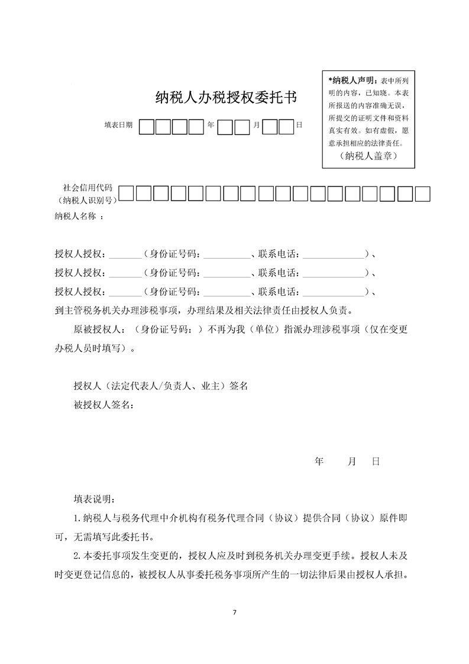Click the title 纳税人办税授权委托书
pos(226,98)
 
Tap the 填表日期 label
pos(118,125)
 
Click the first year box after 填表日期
pos(147,127)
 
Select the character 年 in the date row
pos(211,125)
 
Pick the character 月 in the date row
pos(256,125)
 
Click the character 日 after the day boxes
pos(299,125)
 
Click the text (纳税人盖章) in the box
pos(368,156)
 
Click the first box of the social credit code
pos(127,194)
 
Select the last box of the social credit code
pos(422,194)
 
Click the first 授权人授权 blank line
pos(125,256)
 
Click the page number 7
pos(235,611)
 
